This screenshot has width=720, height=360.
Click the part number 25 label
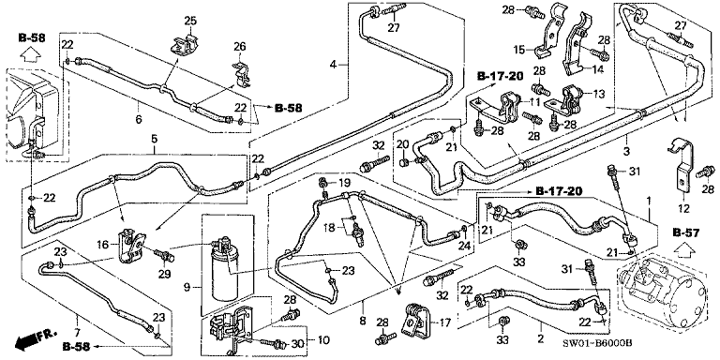coord(188,21)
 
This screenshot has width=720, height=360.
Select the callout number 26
coord(238,47)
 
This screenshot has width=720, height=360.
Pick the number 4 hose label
coord(332,64)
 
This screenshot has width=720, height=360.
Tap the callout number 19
coord(344,182)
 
